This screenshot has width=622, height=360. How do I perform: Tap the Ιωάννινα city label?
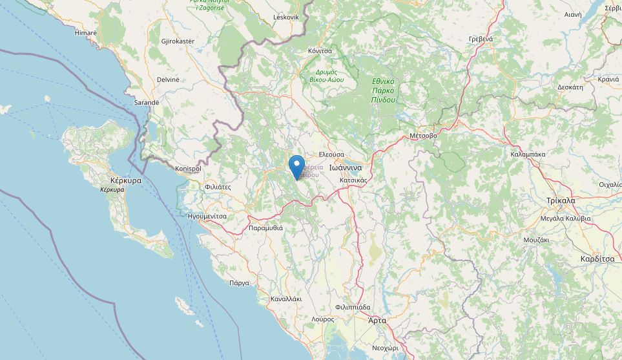coord(348,167)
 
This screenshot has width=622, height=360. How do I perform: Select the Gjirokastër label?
coord(178,41)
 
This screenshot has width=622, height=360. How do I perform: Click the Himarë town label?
coord(85,32)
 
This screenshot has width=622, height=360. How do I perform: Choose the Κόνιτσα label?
coord(320,50)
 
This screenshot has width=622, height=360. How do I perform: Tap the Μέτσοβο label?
coord(423,136)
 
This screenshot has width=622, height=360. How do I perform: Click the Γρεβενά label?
coord(481,39)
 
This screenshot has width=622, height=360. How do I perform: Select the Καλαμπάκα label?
coord(528,154)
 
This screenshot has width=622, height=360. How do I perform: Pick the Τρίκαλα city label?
coord(560,200)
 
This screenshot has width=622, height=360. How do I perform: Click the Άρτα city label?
coord(377,320)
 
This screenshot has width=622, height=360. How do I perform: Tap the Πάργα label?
coord(239,283)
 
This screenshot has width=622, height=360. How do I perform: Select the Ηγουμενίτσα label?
coord(206,216)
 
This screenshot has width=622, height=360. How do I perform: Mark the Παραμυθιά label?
coord(265,228)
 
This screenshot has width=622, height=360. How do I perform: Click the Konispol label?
coord(188,169)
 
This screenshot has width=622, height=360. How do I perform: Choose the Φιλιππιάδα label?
coord(353,307)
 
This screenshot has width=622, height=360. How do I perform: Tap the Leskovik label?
coord(287,17)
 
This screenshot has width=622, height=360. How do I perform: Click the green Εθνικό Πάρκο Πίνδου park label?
coord(383,90)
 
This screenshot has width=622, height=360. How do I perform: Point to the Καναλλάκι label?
coord(286,299)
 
